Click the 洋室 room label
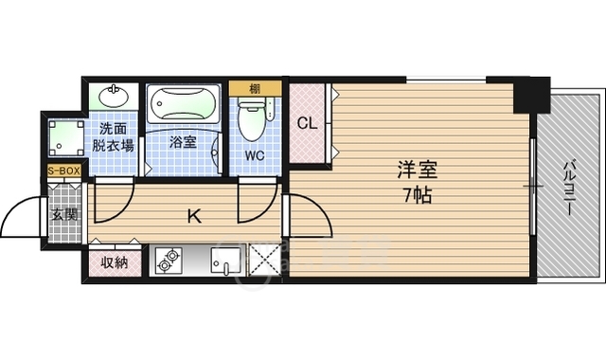(417, 171)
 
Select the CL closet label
(306, 123)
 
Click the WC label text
(253, 154)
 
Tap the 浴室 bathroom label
(183, 143)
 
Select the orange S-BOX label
(63, 171)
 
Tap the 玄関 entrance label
(64, 214)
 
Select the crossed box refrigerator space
(263, 261)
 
